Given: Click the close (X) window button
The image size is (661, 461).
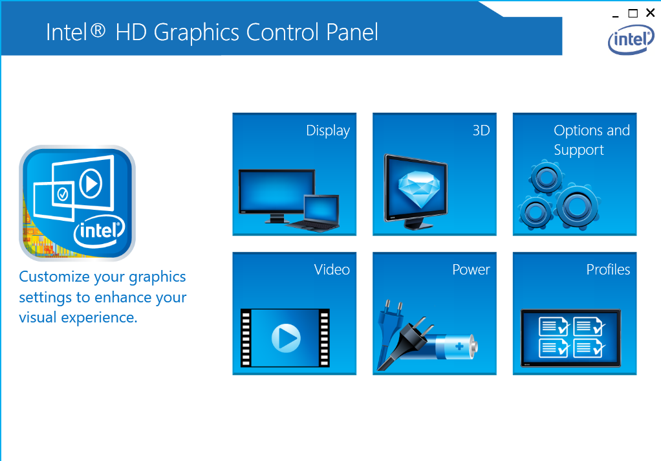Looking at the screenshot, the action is (650, 13).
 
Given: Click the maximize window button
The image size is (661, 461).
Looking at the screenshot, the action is (633, 14).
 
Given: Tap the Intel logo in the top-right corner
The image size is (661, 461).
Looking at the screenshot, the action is (631, 39).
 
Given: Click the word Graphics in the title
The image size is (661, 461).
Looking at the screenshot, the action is (196, 33).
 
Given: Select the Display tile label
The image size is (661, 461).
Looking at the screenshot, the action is (328, 131).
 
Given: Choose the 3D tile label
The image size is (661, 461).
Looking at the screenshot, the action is (481, 130).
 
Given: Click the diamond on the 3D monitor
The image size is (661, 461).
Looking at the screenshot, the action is (419, 188).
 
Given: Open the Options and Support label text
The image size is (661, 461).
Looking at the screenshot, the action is (591, 140).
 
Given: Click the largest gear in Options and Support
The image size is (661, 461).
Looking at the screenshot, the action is (577, 207).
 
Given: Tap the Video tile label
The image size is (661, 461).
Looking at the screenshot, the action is (332, 269).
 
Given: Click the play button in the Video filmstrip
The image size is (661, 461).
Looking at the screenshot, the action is (286, 338).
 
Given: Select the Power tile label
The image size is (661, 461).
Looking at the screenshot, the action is (471, 269).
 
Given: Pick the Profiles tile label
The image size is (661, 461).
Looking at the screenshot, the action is (608, 269).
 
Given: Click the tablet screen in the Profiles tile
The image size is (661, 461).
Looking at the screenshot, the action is (571, 338).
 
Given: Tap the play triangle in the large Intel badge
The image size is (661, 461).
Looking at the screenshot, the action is (91, 184).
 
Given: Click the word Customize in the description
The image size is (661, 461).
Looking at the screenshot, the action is (54, 277).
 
